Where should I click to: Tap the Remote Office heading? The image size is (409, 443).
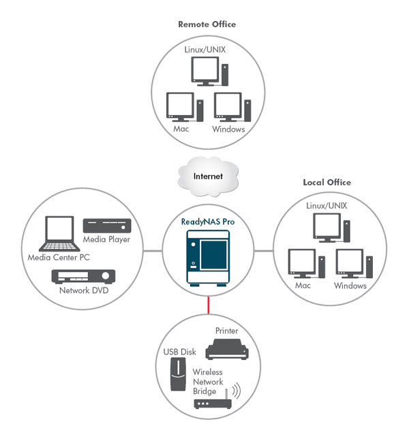[x=207, y=24]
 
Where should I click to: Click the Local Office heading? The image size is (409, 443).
[x=327, y=183]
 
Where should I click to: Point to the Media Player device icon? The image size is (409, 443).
[x=106, y=226]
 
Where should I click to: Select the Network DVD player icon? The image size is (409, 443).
[x=84, y=276]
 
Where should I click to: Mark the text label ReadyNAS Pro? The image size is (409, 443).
[x=208, y=222]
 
